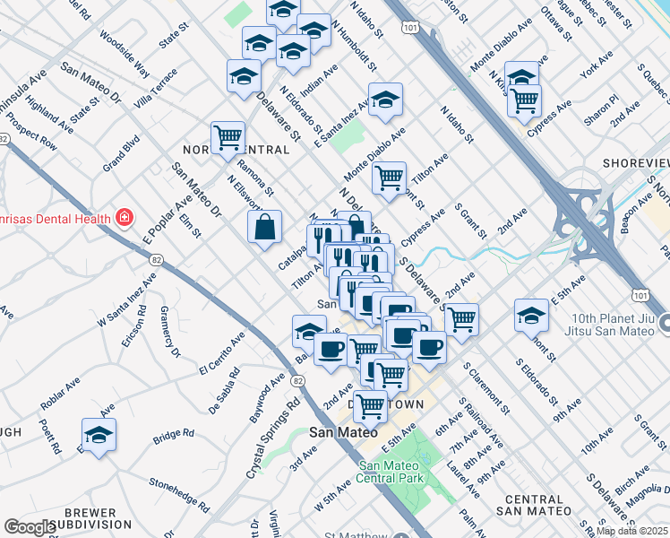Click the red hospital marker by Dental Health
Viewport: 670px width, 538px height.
(x=124, y=218)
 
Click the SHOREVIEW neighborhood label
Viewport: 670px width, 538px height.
(x=636, y=162)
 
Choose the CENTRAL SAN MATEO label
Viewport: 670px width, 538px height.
(x=537, y=504)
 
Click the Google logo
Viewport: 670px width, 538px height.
(x=30, y=527)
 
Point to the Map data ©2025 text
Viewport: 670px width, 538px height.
(x=631, y=531)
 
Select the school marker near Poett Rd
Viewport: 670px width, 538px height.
(x=99, y=436)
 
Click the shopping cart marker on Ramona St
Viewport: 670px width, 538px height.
(x=228, y=138)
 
